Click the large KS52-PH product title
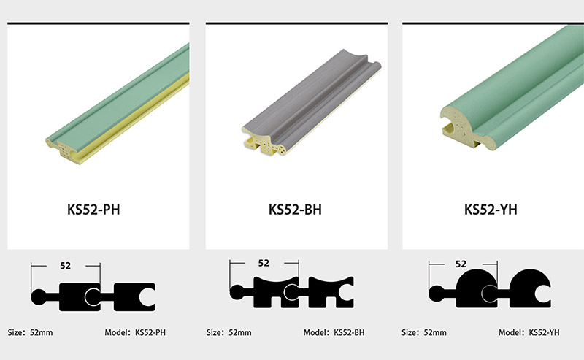click(x=93, y=210)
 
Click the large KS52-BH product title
click(x=295, y=210)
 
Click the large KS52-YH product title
click(x=491, y=210)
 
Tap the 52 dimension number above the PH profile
click(x=65, y=265)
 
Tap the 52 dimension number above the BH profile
click(x=264, y=263)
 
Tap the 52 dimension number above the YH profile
click(x=461, y=264)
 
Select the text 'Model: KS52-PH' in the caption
click(x=135, y=332)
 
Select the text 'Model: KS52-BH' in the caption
click(x=334, y=332)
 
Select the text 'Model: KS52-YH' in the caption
click(x=529, y=332)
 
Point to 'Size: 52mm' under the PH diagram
click(x=30, y=332)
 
